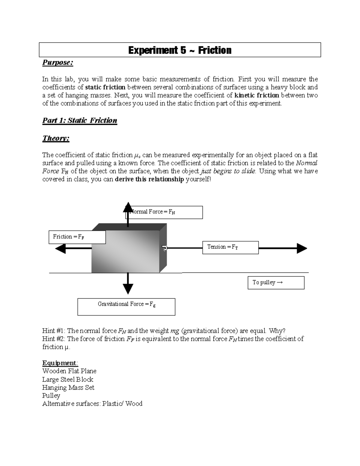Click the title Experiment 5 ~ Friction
(180, 50)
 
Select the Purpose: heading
(58, 62)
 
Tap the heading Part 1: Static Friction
(79, 120)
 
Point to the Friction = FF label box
(77, 237)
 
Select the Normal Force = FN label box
(164, 212)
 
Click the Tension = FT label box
(230, 247)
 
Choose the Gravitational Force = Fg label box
(126, 306)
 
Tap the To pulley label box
(276, 282)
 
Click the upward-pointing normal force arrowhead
(128, 207)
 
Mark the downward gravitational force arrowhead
(128, 288)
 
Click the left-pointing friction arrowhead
(61, 248)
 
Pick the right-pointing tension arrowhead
(301, 248)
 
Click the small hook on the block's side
(164, 248)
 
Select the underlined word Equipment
(59, 363)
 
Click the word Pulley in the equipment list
(51, 395)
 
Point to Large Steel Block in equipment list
(67, 379)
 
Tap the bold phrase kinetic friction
(256, 95)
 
